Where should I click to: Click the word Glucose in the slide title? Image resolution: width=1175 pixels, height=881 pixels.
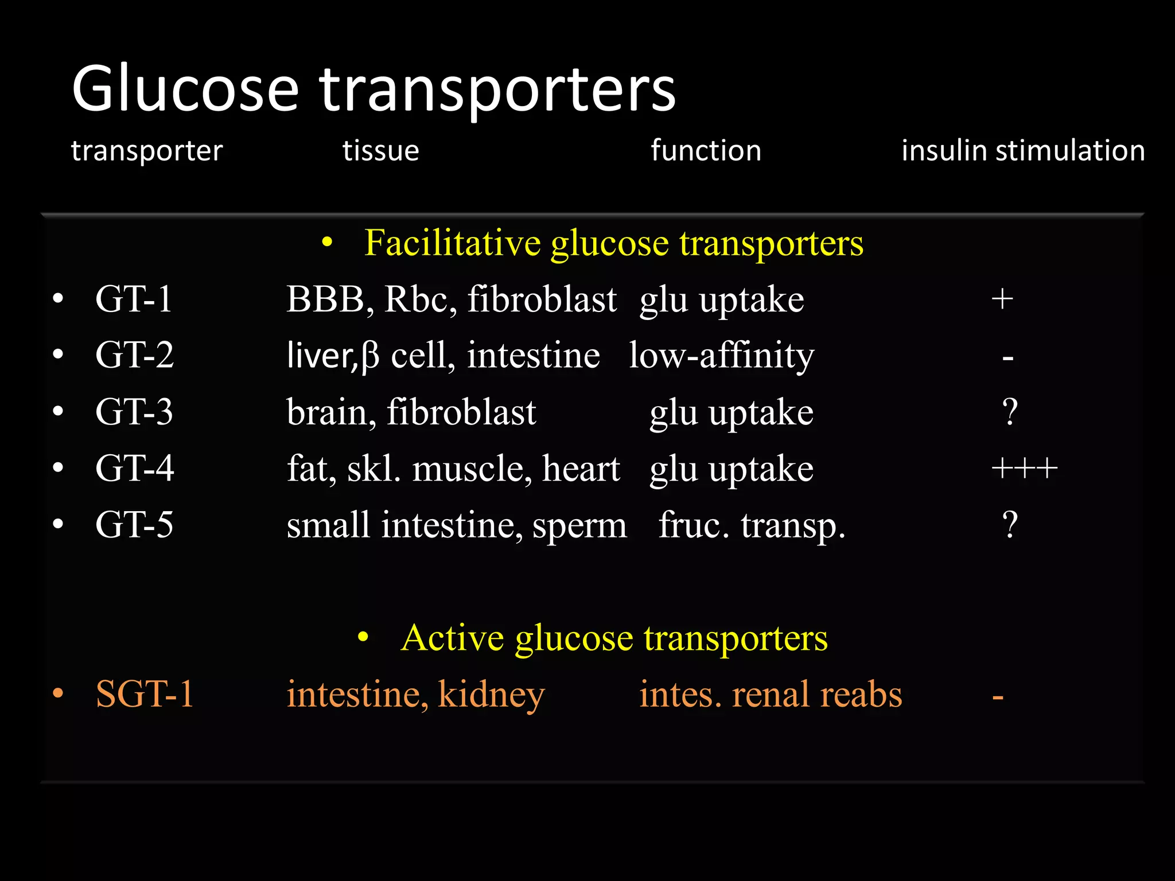click(185, 89)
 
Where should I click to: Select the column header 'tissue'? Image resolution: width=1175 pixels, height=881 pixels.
click(380, 151)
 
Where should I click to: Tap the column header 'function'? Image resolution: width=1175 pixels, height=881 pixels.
click(706, 151)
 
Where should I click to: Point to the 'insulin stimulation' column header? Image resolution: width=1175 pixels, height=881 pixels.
click(1023, 151)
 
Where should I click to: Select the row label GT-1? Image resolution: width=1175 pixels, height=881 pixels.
click(134, 299)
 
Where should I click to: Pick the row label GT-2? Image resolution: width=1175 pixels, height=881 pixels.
click(134, 355)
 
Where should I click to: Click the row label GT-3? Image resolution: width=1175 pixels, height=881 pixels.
click(134, 412)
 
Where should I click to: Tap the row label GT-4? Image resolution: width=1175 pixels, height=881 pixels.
click(134, 468)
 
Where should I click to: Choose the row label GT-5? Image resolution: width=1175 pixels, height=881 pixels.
click(134, 524)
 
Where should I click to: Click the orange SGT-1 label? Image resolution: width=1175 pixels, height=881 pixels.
click(145, 694)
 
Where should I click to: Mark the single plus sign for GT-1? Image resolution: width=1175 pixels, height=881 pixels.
click(1002, 299)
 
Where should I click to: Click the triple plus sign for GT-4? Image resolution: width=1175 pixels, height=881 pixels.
click(1024, 469)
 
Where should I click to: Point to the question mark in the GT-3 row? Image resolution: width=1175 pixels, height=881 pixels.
click(1010, 412)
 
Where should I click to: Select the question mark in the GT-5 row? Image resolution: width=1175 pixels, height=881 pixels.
click(1010, 524)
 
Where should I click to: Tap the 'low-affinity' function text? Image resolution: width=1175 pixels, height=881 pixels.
click(721, 356)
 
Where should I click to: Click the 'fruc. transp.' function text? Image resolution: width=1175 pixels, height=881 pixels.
click(752, 525)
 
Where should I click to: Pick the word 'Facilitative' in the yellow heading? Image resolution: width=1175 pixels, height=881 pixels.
click(452, 243)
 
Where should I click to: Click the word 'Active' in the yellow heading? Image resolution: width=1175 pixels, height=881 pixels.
click(452, 637)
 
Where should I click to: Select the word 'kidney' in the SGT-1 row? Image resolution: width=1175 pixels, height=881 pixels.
click(491, 695)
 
